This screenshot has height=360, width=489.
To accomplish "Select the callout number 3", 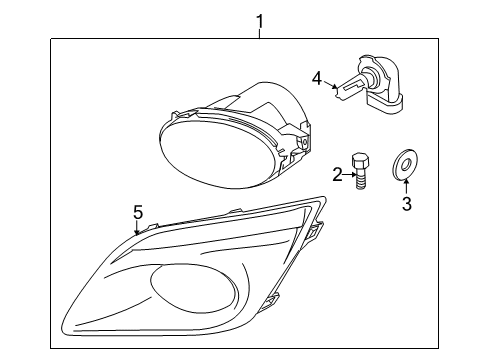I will (x=407, y=205).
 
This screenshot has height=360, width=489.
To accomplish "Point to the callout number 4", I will (x=316, y=77).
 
